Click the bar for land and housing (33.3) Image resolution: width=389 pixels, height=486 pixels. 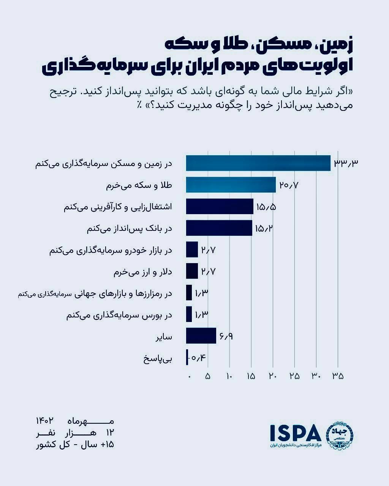tap(258, 163)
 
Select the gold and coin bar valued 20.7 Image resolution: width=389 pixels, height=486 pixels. tap(231, 185)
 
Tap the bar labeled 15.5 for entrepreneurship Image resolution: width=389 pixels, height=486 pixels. tap(220, 207)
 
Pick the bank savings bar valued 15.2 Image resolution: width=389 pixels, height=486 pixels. tap(219, 228)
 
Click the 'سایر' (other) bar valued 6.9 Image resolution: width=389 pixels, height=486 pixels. tap(201, 336)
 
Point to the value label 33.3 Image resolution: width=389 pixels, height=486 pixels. tap(346, 163)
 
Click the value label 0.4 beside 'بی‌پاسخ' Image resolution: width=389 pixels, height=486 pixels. tap(198, 358)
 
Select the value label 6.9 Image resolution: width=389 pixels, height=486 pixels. tap(226, 336)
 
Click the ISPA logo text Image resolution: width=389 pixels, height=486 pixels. tap(296, 431)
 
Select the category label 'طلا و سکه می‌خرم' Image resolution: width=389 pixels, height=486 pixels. tap(139, 185)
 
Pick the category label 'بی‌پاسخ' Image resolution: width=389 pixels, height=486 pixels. tap(158, 358)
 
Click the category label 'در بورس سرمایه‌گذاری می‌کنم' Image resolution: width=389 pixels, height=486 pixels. tap(119, 315)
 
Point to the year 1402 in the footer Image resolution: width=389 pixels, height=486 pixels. tap(44, 421)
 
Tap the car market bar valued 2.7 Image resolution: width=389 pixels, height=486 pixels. tap(192, 250)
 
